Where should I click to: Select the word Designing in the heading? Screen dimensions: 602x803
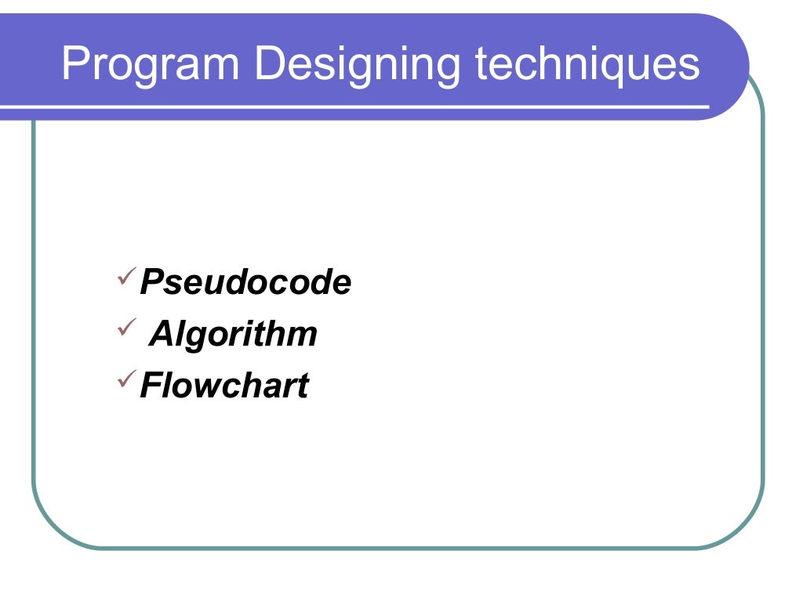click(x=358, y=65)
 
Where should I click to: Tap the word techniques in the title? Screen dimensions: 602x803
click(x=587, y=65)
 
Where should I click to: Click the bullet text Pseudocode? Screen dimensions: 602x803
click(x=245, y=283)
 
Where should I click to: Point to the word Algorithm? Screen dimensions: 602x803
click(x=234, y=335)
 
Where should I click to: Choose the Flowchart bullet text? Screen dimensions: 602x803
click(x=224, y=386)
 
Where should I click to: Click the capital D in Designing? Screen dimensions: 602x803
click(x=269, y=65)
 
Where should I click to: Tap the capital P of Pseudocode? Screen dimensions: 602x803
click(x=151, y=283)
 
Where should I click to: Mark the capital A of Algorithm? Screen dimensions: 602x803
click(x=162, y=335)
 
